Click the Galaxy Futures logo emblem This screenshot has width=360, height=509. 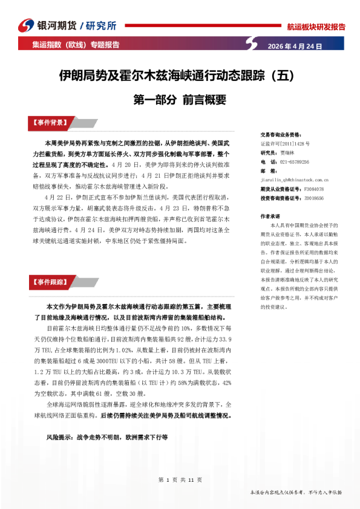25,26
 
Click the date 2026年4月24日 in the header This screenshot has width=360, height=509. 295,46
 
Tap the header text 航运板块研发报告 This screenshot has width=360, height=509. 316,27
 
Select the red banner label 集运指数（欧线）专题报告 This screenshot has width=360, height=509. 76,45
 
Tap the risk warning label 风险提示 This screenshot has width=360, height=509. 59,436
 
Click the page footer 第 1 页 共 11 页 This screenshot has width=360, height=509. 180,480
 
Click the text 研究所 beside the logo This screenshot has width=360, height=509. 102,25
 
